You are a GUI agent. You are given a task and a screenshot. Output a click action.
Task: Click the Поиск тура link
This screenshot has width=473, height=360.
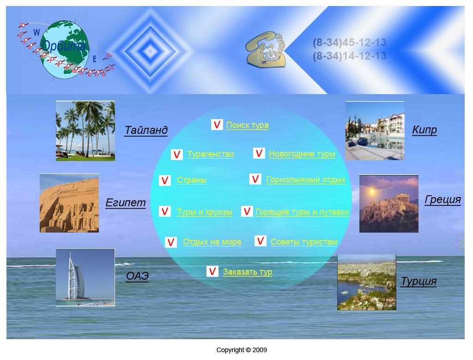tap(248, 125)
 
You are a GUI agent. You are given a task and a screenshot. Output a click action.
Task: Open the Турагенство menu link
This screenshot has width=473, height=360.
tap(211, 154)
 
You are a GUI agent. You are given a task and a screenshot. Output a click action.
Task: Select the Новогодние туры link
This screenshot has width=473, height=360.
tap(302, 154)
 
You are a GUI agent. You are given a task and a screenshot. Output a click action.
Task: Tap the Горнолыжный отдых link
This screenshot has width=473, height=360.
tap(306, 180)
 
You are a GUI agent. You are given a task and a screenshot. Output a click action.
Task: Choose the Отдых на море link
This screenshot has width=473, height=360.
tap(212, 242)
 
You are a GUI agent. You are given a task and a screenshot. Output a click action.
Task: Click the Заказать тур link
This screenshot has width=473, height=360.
tap(248, 272)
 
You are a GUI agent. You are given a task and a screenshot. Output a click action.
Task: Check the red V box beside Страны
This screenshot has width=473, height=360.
tap(165, 180)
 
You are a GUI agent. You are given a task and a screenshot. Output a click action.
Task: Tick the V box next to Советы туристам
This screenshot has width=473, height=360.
tap(261, 241)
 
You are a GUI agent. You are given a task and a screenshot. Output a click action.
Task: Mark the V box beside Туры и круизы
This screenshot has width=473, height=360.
tap(165, 211)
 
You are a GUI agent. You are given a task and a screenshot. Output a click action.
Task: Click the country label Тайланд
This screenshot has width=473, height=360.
tap(146, 130)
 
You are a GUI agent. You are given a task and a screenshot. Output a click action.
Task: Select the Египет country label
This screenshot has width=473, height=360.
tap(126, 203)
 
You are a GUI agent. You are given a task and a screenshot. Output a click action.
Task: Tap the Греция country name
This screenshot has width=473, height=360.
tap(443, 199)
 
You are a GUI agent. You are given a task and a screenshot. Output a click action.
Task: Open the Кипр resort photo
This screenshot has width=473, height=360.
tap(375, 131)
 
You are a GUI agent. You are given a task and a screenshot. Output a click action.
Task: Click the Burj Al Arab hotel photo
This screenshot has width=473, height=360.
tap(85, 277)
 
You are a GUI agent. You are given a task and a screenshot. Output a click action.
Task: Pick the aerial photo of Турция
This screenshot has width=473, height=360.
tap(366, 282)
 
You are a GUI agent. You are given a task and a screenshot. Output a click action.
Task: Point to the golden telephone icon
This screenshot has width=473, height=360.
tap(266, 49)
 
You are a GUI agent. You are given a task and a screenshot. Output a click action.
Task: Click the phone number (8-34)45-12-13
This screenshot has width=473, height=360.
tap(350, 42)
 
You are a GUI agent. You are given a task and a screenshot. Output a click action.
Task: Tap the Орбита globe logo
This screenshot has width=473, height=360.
tap(64, 50)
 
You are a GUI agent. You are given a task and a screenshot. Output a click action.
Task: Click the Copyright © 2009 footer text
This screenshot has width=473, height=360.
tap(242, 350)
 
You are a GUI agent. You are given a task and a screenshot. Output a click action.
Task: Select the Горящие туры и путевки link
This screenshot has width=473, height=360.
tap(302, 212)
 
